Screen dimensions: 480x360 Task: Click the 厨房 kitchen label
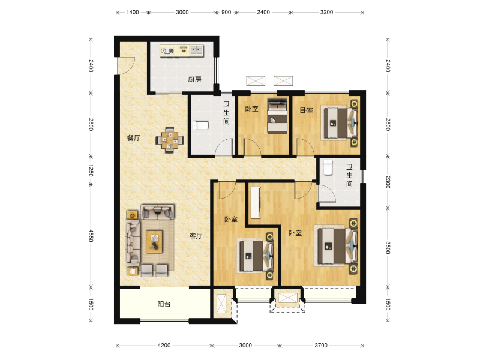point(194,80)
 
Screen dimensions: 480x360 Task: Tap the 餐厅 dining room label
point(134,138)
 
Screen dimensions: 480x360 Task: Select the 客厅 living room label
point(196,236)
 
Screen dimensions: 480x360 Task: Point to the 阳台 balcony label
point(164,304)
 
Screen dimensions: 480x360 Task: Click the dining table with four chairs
point(170,140)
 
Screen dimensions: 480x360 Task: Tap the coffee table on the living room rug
point(154,242)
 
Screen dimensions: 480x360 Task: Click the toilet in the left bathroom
point(200,125)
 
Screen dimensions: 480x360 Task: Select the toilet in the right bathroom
point(328,167)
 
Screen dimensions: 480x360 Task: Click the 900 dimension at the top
point(226,12)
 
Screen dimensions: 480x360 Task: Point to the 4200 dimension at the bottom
point(164,346)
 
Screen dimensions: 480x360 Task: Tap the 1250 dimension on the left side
point(91,170)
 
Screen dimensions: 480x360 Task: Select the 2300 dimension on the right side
point(388,182)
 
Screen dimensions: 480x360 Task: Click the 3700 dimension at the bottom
point(321,346)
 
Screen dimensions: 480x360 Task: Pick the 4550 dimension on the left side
point(91,236)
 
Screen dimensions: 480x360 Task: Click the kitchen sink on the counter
point(196,50)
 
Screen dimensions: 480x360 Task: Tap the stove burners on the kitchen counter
point(167,50)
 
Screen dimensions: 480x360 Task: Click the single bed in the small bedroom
point(277,116)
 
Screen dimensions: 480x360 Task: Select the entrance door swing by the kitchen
point(127,65)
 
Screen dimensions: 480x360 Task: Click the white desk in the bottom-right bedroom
point(256,202)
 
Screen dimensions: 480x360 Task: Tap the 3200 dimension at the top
point(326,12)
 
